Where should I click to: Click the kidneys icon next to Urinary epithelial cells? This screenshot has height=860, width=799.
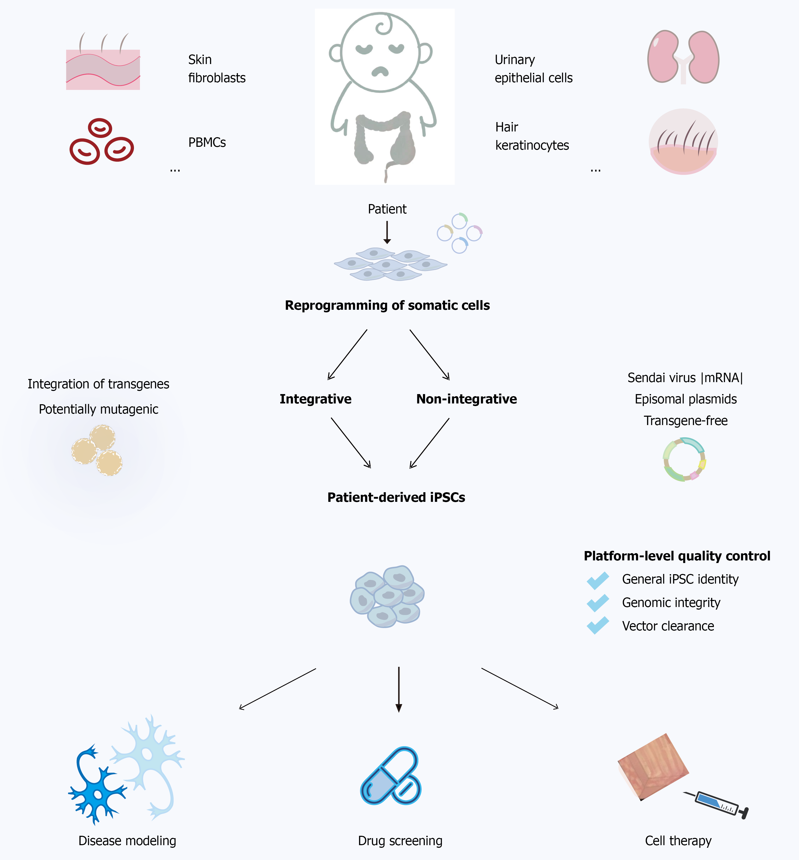[683, 57]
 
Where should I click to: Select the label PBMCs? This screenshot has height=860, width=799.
[207, 143]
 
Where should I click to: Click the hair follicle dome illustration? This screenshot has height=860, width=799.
[683, 142]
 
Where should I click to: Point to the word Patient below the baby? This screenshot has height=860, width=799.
[387, 209]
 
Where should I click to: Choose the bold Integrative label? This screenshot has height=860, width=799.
[316, 399]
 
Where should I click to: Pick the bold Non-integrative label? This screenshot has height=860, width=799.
[466, 399]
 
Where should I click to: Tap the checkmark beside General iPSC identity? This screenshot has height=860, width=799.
[598, 580]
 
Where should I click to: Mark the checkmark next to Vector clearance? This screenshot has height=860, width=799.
[598, 626]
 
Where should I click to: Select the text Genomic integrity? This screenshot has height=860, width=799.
[671, 603]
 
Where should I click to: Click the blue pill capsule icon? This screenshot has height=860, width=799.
[390, 776]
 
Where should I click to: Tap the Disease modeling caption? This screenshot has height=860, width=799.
[127, 840]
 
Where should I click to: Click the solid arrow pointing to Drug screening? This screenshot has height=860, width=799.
[399, 690]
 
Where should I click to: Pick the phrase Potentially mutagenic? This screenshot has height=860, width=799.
[99, 409]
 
